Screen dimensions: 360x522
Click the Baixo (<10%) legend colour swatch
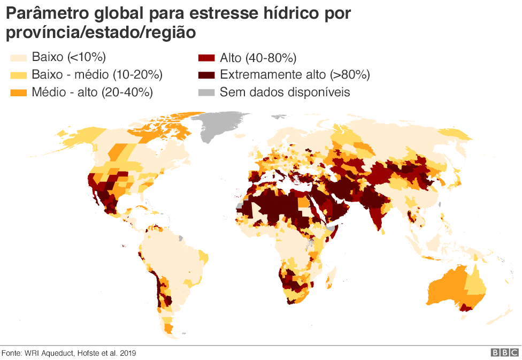pyautogui.click(x=18, y=57)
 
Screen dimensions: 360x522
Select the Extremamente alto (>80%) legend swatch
pyautogui.click(x=206, y=75)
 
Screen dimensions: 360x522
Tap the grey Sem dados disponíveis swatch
pyautogui.click(x=206, y=92)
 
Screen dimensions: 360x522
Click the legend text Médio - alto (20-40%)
pyautogui.click(x=92, y=92)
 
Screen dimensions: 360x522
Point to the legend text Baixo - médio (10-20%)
pyautogui.click(x=97, y=75)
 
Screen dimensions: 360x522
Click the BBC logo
pyautogui.click(x=504, y=353)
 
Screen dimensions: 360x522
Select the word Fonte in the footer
pyautogui.click(x=11, y=353)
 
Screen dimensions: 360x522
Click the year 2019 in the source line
pyautogui.click(x=127, y=353)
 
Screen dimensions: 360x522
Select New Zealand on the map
pyautogui.click(x=505, y=316)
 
